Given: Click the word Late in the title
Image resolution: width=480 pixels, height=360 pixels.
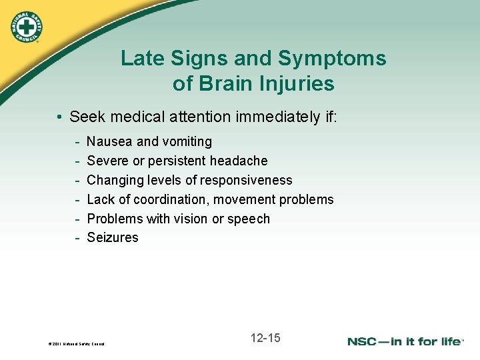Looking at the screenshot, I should (141, 59).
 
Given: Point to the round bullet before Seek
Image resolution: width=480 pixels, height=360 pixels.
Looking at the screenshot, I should (59, 118).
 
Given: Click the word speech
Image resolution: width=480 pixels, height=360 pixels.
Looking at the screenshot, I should (249, 219).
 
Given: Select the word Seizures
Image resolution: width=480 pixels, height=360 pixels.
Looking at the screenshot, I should (113, 238).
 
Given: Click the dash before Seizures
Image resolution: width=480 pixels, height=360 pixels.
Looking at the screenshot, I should (78, 238).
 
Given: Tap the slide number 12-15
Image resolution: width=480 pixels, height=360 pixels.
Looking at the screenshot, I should (265, 338).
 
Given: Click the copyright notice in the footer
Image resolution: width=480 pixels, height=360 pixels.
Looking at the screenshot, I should (77, 344).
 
